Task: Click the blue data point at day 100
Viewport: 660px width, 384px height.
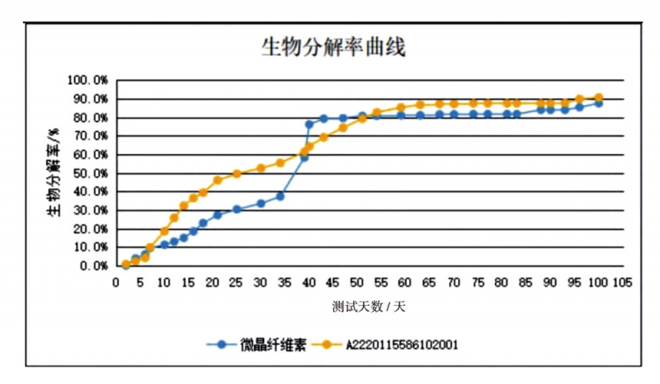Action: [598, 103]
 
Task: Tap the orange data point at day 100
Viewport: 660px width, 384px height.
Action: [598, 97]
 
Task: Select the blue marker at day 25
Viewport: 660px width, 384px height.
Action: [237, 209]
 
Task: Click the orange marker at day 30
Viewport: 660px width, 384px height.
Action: [261, 168]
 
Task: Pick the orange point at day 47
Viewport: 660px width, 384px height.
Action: [342, 128]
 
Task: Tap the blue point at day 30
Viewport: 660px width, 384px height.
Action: [261, 204]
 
